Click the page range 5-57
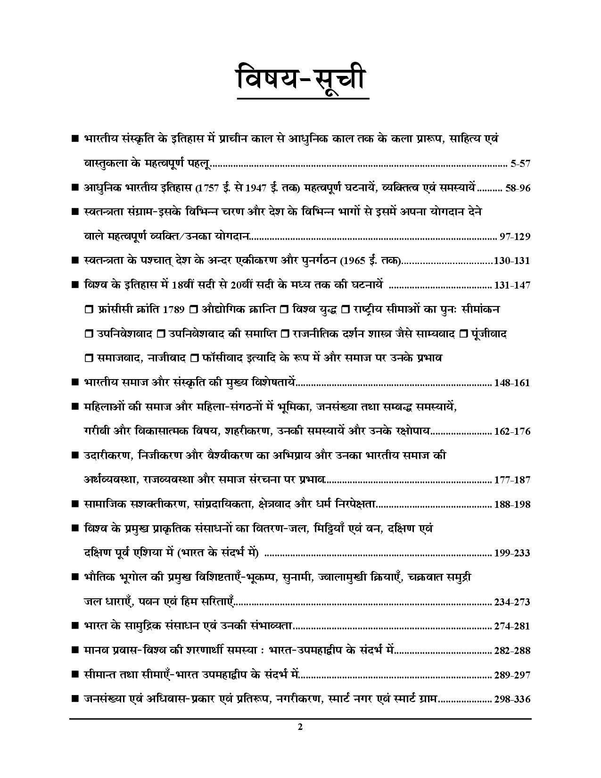pyautogui.click(x=520, y=164)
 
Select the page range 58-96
pyautogui.click(x=518, y=188)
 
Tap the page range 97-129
pyautogui.click(x=515, y=237)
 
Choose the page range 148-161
pyautogui.click(x=512, y=383)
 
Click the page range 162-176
pyautogui.click(x=512, y=431)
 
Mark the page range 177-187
pyautogui.click(x=512, y=480)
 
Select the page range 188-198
pyautogui.click(x=512, y=505)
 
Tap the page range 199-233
pyautogui.click(x=512, y=553)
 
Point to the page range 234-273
pyautogui.click(x=512, y=602)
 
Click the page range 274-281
pyautogui.click(x=512, y=627)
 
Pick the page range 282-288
pyautogui.click(x=512, y=651)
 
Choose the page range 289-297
pyautogui.click(x=512, y=675)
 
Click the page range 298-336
pyautogui.click(x=512, y=699)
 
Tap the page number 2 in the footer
pyautogui.click(x=300, y=727)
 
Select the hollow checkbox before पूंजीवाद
pyautogui.click(x=463, y=334)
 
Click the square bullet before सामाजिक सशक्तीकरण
pyautogui.click(x=74, y=504)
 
